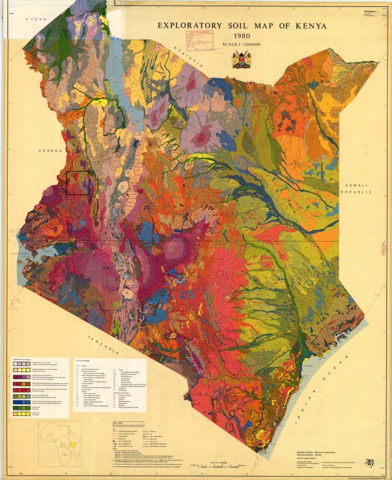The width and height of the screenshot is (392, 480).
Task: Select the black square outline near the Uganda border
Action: (x=78, y=183)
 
